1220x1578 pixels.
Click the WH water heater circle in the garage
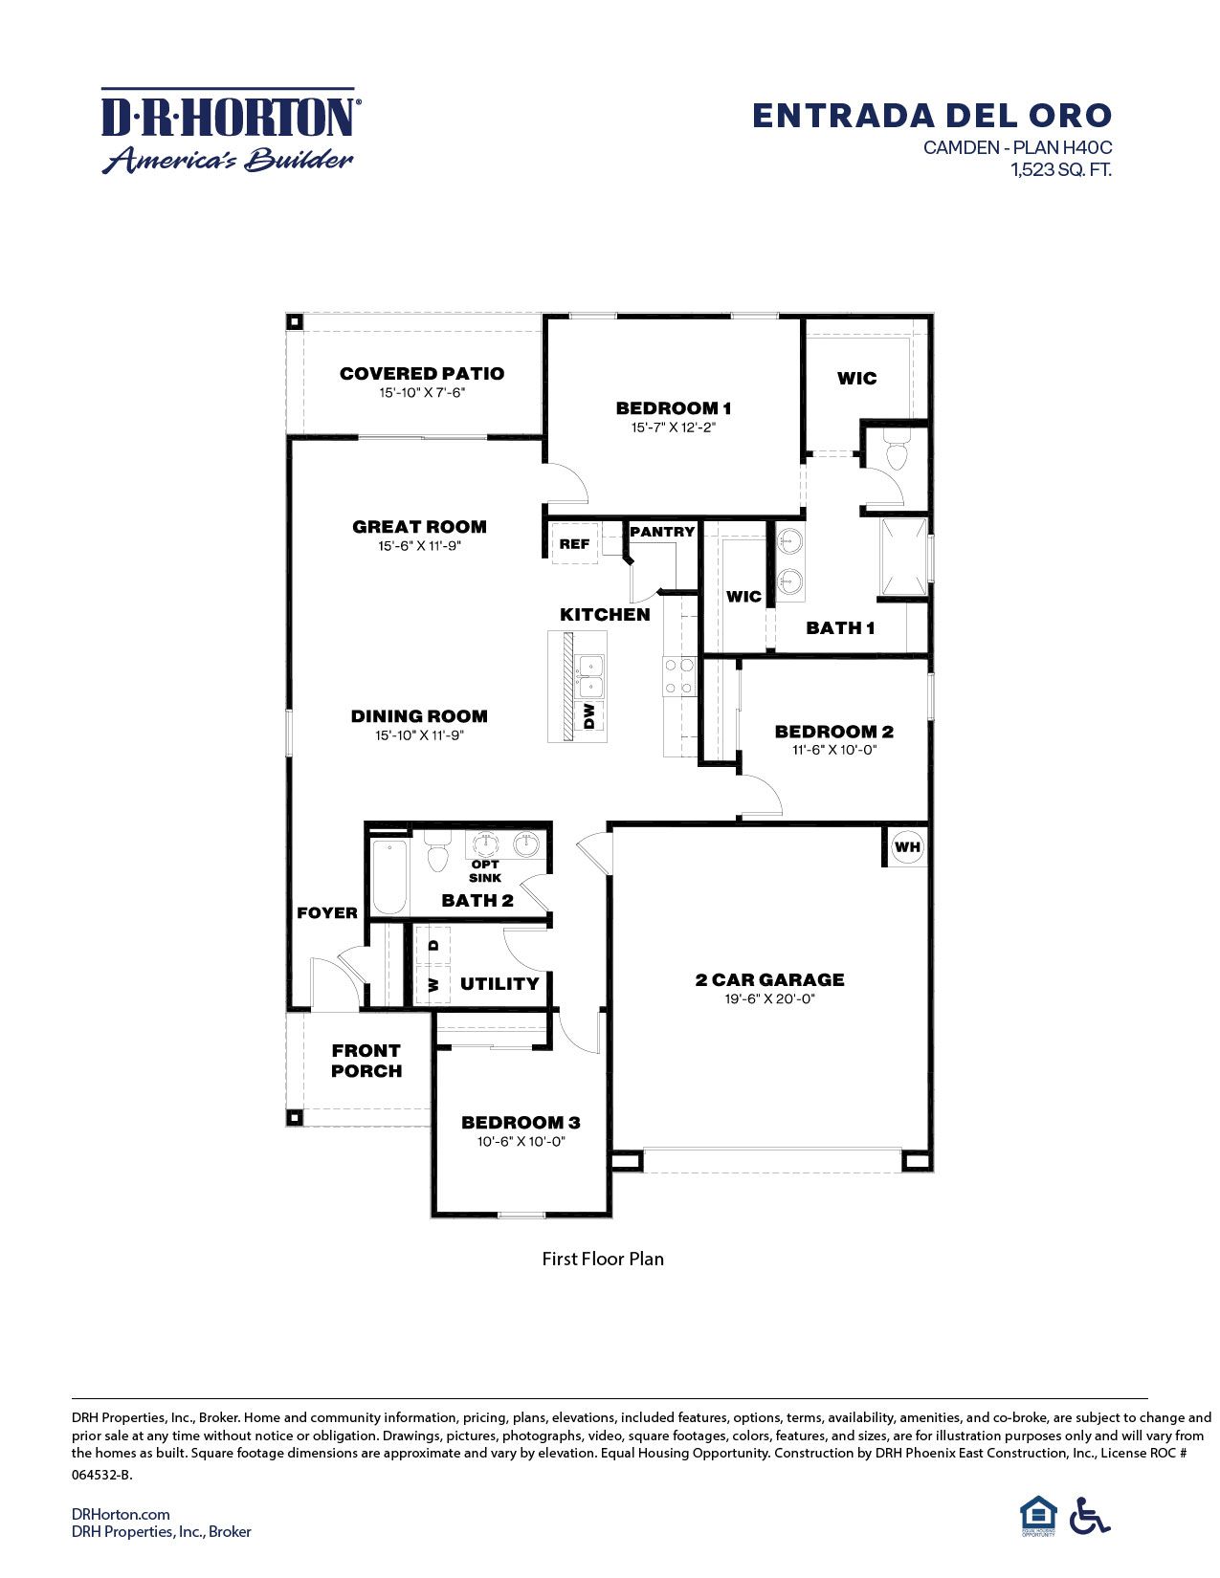(907, 846)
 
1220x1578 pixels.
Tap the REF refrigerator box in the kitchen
(574, 544)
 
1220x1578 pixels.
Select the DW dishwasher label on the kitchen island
(589, 715)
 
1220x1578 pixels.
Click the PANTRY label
(662, 532)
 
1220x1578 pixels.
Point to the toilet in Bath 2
(437, 852)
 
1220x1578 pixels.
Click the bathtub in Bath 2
(389, 877)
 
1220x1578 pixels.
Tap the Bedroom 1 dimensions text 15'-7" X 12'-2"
(674, 427)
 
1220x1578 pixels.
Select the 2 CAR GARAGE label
(770, 979)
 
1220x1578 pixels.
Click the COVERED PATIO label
(422, 374)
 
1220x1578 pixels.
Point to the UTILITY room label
(499, 983)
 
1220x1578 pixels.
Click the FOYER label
(327, 912)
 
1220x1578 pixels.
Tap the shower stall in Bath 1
(903, 557)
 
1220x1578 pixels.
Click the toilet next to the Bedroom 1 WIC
(897, 452)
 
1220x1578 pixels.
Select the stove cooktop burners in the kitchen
(679, 676)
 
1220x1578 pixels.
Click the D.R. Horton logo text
(230, 118)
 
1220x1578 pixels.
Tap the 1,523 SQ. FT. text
(1061, 170)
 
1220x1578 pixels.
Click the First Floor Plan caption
(603, 1259)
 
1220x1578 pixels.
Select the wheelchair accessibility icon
(1090, 1516)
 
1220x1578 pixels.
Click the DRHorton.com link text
(121, 1514)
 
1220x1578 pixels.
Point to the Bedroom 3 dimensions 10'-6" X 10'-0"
(521, 1141)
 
